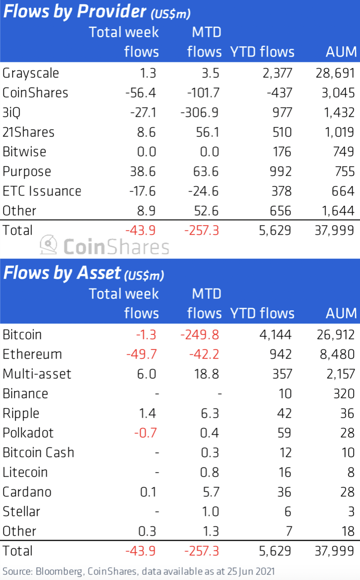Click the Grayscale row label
(31, 74)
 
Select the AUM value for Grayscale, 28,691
(334, 74)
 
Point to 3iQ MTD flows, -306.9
(200, 113)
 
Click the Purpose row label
(27, 172)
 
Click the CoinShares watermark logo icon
(49, 245)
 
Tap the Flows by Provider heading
(75, 11)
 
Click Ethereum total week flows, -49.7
(142, 354)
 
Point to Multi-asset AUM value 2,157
(337, 374)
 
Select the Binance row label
(25, 393)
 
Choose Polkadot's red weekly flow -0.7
(146, 433)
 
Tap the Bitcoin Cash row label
(39, 452)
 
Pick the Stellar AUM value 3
(350, 511)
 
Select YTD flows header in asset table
(262, 313)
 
